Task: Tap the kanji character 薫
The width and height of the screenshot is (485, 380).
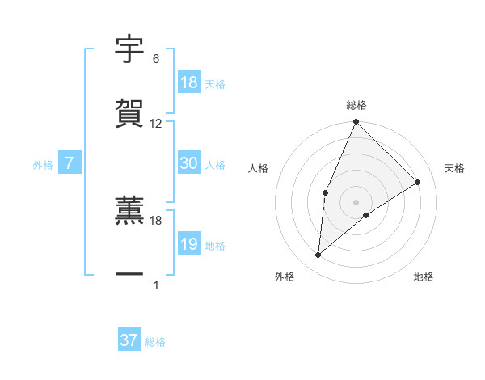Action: coord(129,209)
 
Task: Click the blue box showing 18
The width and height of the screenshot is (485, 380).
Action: coord(189,82)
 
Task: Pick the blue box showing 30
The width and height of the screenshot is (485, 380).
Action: coord(189,163)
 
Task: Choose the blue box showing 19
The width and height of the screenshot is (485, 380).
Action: coord(189,244)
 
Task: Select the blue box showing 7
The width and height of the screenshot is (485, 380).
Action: coord(70,163)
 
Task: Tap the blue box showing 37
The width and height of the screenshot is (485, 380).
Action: coord(129,340)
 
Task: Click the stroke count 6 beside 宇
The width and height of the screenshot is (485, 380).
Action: coord(156,59)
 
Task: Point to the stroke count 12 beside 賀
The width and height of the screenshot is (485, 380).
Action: coord(156,124)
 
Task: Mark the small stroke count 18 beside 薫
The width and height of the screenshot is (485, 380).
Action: coord(156,220)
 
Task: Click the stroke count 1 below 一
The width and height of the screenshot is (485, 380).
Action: coord(156,285)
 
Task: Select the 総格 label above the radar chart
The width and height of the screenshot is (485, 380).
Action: coord(356,105)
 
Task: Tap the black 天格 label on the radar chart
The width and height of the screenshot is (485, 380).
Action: coord(455,168)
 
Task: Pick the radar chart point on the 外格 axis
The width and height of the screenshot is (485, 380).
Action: coord(318,255)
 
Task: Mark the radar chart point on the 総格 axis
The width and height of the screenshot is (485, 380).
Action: coord(356,122)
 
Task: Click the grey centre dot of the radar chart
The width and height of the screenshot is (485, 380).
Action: coord(356,201)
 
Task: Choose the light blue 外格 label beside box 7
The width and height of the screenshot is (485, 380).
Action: coord(43,164)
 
